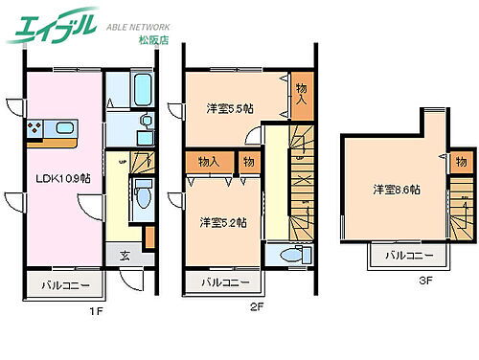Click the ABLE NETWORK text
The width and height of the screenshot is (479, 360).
pos(139,28)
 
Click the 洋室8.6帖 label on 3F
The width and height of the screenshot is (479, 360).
pos(397,190)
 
